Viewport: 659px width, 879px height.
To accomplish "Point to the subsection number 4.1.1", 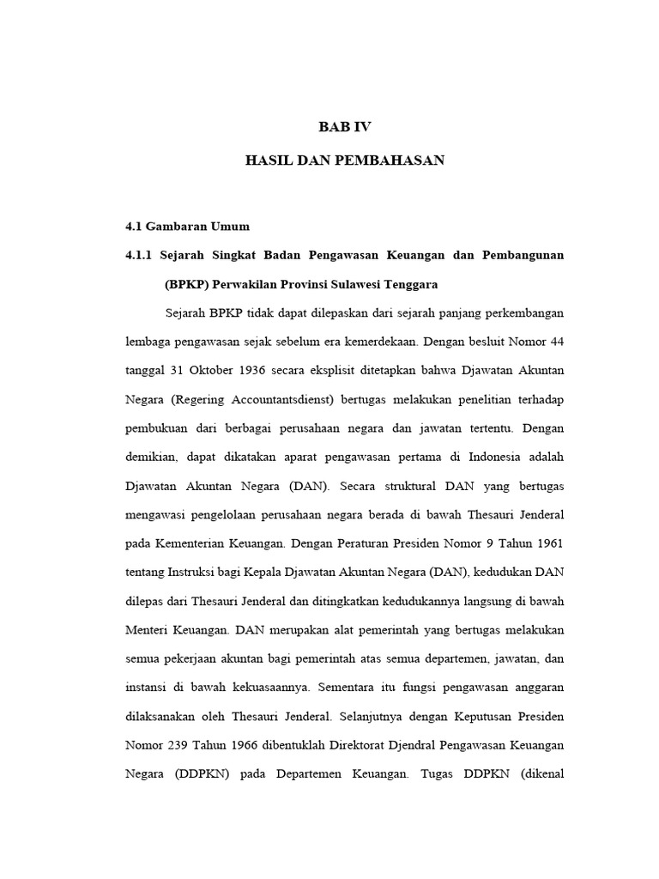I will tap(140, 256).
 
